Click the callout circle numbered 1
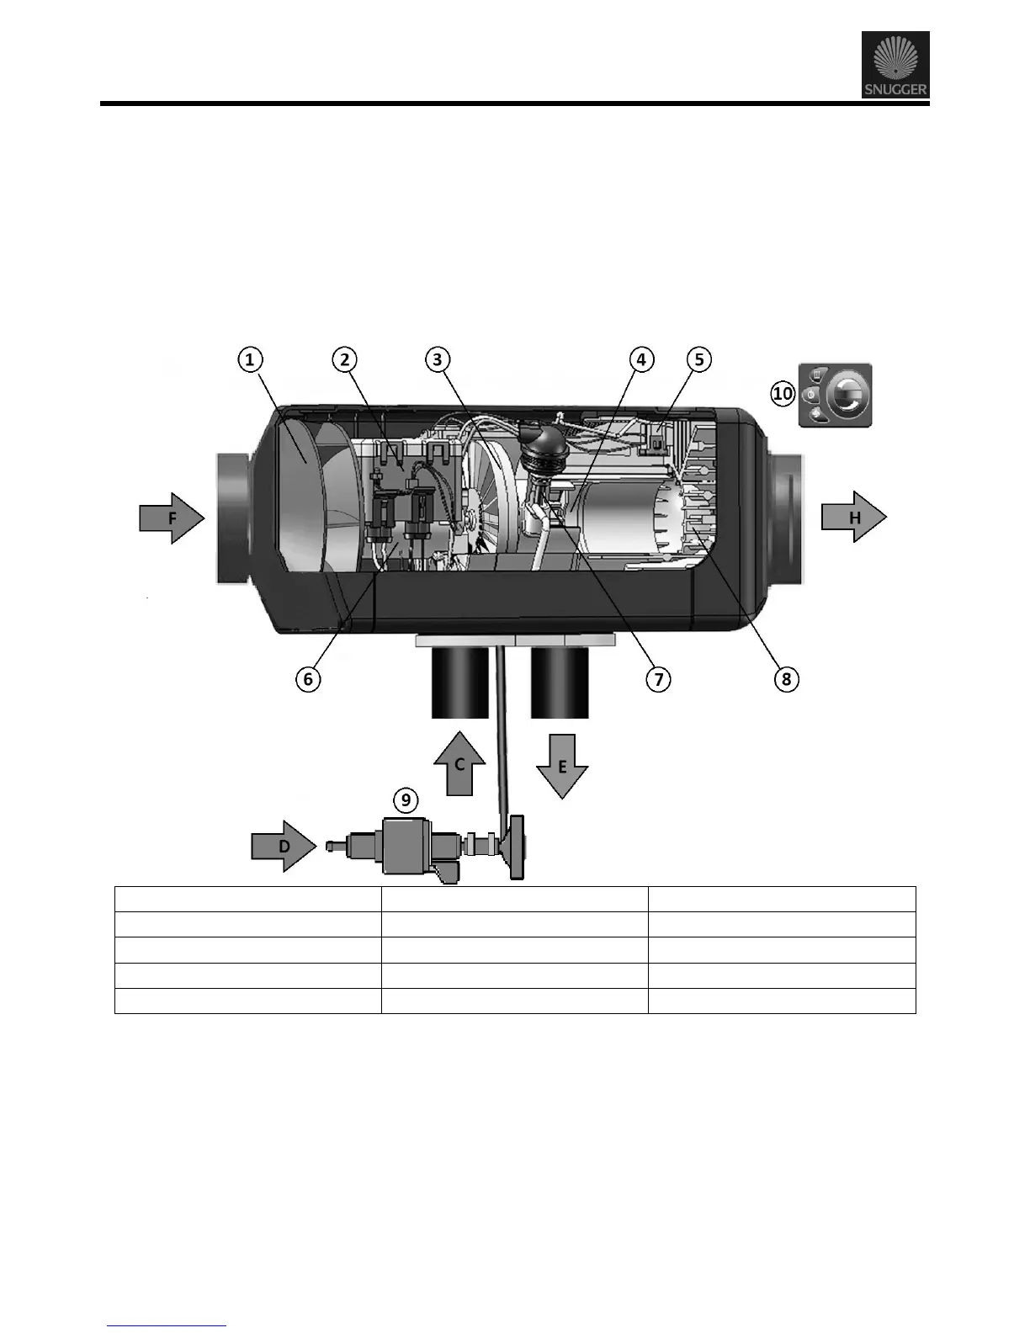pos(249,360)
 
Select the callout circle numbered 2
pos(344,360)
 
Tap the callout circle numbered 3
pos(437,360)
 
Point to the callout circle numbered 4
pos(641,360)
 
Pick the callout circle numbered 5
pos(699,360)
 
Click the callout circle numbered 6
pos(308,679)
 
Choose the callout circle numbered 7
pos(658,679)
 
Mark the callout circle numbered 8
pos(786,679)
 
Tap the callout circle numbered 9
pos(406,799)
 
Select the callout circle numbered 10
pos(783,393)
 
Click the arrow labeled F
pos(172,518)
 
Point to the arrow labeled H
pos(854,518)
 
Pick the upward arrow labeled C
pos(459,763)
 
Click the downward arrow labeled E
pos(561,766)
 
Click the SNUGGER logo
pos(895,65)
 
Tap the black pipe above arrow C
pos(460,683)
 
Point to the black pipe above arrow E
pos(560,683)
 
